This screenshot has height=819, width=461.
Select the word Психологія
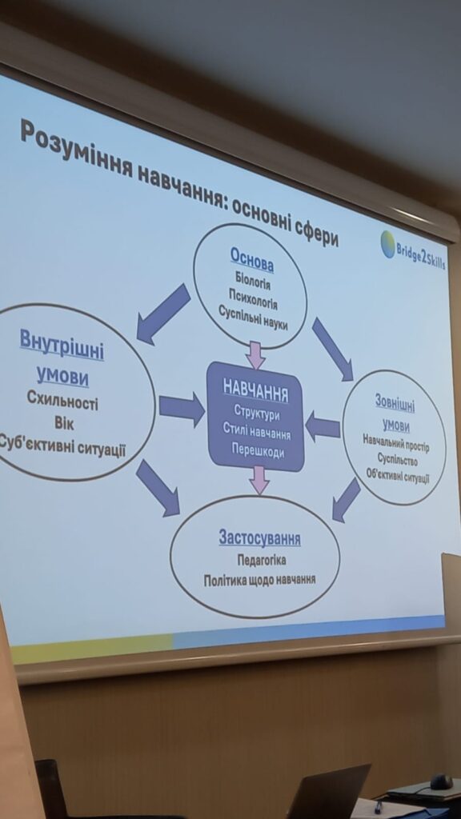tap(253, 301)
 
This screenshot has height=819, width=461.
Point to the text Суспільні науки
tap(254, 318)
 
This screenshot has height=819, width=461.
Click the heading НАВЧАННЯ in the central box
tap(255, 390)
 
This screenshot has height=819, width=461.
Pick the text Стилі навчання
tap(257, 432)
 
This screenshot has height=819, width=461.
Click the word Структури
tap(256, 413)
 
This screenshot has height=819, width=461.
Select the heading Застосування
tap(260, 537)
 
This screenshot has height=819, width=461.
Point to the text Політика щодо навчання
tap(260, 581)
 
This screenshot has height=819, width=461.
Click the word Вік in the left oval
tap(64, 422)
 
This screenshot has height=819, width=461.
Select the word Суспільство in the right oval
tap(397, 460)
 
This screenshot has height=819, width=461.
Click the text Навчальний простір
tap(396, 443)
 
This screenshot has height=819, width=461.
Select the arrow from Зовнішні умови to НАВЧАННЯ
tap(323, 425)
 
